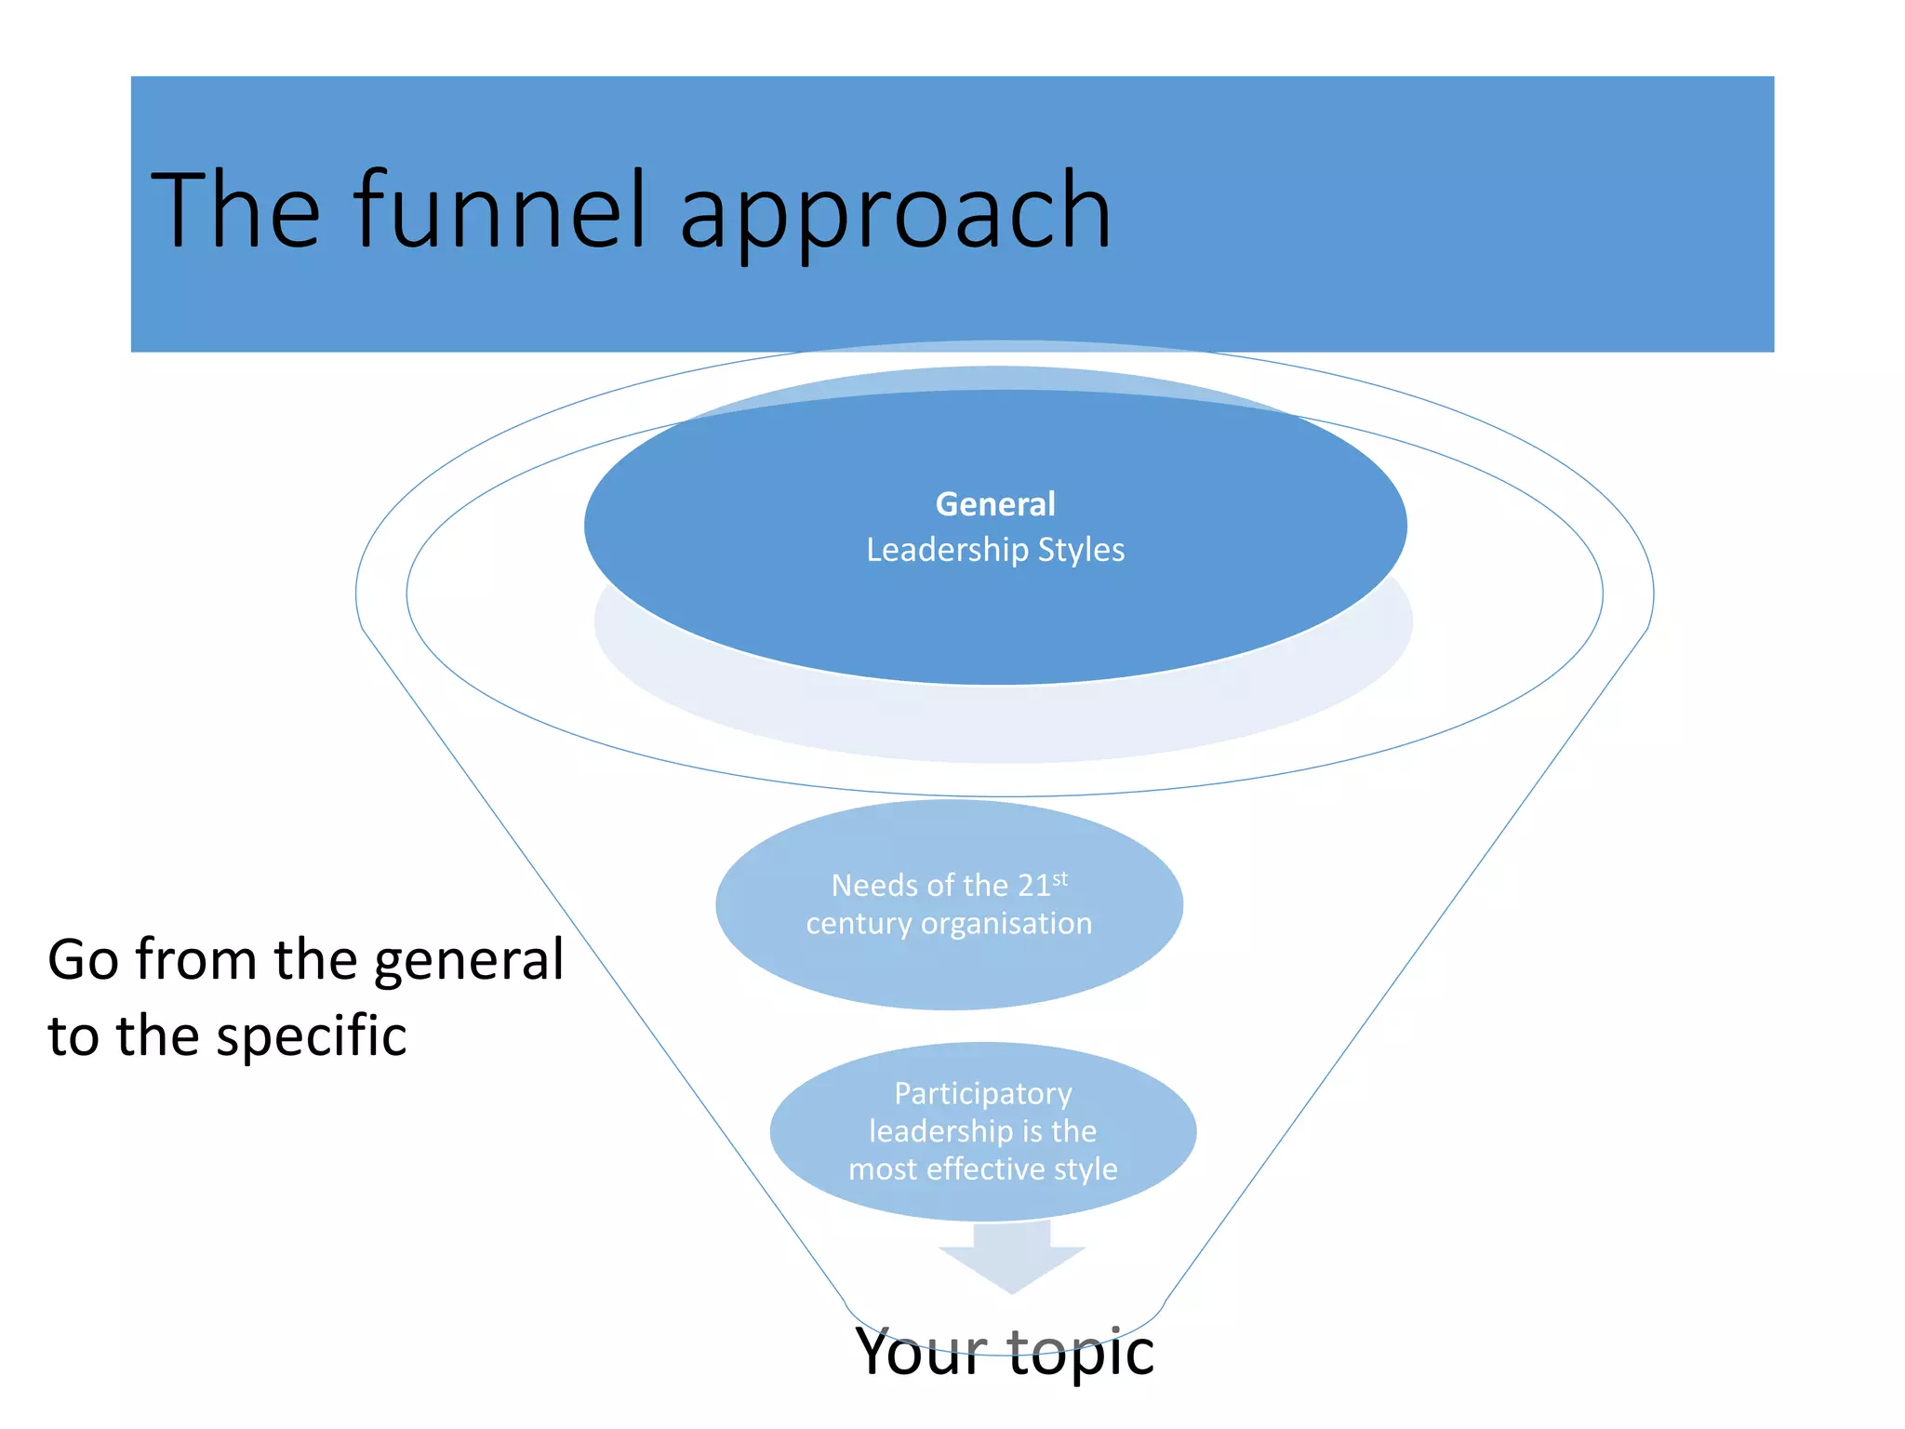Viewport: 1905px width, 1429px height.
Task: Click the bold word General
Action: click(995, 504)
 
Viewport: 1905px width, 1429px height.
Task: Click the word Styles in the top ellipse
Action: click(1081, 550)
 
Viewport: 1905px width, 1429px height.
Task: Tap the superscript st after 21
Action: click(1060, 877)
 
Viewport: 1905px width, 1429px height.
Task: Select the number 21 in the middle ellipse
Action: click(1033, 886)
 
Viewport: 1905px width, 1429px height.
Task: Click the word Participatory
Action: click(983, 1094)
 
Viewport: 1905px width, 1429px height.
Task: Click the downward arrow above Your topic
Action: click(1012, 1262)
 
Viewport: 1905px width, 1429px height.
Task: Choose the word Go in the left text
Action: click(83, 960)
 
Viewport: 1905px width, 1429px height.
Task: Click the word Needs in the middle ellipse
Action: click(867, 886)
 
